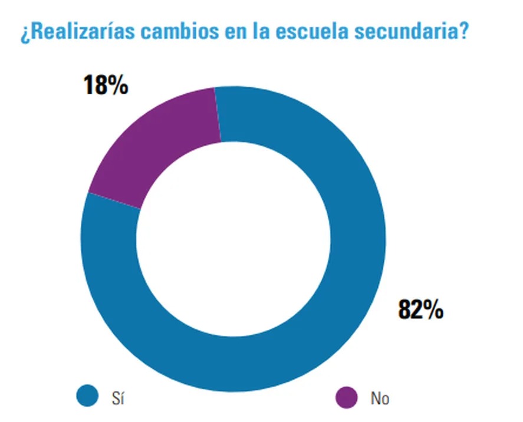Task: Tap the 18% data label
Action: [106, 85]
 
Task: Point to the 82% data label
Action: [420, 310]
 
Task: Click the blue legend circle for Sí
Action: [87, 396]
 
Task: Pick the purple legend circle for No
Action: [346, 396]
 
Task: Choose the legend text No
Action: [380, 398]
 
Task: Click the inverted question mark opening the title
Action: [24, 33]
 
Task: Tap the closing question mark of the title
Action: [463, 31]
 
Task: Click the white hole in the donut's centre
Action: [233, 239]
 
